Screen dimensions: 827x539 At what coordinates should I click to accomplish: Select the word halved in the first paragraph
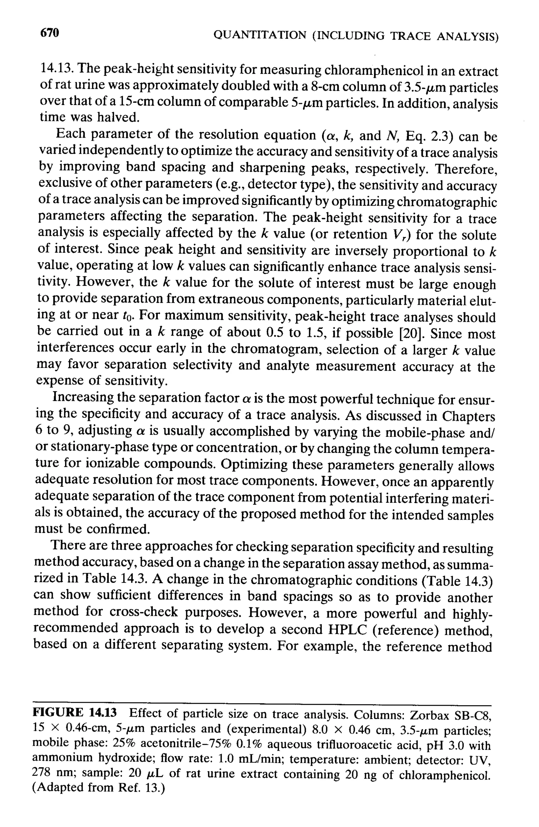click(118, 117)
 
